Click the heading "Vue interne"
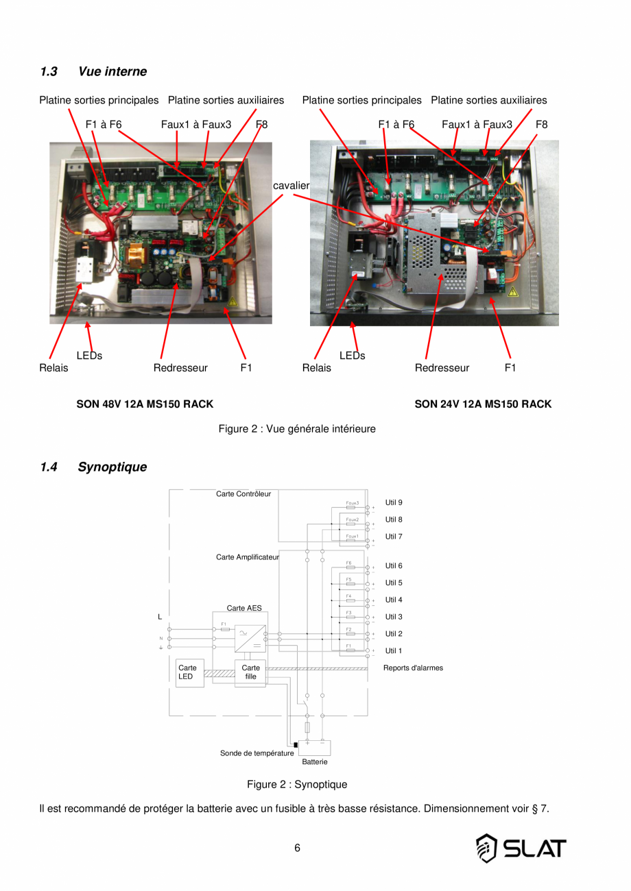pos(112,71)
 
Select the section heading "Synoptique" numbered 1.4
pos(112,467)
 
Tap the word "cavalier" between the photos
pos(291,186)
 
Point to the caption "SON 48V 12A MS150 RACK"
pos(145,404)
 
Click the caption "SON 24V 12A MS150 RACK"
pos(483,404)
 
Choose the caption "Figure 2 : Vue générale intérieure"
pos(297,429)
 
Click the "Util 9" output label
pos(394,502)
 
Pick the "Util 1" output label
pos(394,650)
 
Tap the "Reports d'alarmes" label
pos(413,668)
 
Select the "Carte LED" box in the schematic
pos(187,672)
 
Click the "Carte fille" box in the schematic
pos(251,672)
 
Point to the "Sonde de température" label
pos(257,753)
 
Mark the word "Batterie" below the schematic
pos(315,761)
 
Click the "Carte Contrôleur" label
pos(243,493)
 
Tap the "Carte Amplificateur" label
pos(248,557)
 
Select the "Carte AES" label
pos(244,608)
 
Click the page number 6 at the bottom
pos(297,848)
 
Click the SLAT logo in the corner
pos(521,849)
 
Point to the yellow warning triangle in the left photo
pos(233,301)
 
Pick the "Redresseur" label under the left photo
pos(180,368)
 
